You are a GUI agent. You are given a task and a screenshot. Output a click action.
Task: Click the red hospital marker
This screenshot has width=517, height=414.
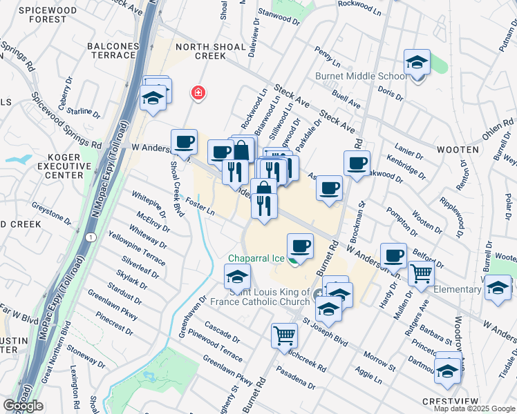point(198,92)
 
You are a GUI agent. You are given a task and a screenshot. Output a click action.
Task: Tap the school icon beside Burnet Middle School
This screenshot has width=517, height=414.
point(417,63)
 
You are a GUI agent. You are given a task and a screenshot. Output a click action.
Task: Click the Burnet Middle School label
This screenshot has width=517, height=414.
point(361,77)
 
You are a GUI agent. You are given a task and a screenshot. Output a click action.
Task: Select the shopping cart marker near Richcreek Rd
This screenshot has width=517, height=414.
point(285,336)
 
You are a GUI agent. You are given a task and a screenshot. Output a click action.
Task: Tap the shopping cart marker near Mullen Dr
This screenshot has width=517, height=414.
point(421,273)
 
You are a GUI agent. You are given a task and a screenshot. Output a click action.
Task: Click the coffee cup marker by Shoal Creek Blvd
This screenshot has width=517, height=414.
point(185,142)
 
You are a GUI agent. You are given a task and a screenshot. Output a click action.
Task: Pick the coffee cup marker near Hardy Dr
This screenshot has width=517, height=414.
point(393,255)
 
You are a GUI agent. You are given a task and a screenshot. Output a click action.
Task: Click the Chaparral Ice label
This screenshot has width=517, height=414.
point(257,259)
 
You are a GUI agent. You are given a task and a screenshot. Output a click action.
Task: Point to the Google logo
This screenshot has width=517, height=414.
point(23,406)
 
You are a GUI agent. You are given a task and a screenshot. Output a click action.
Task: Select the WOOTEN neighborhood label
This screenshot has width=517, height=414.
point(457,149)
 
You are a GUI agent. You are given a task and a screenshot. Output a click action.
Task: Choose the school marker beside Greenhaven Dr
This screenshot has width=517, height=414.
point(236,277)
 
